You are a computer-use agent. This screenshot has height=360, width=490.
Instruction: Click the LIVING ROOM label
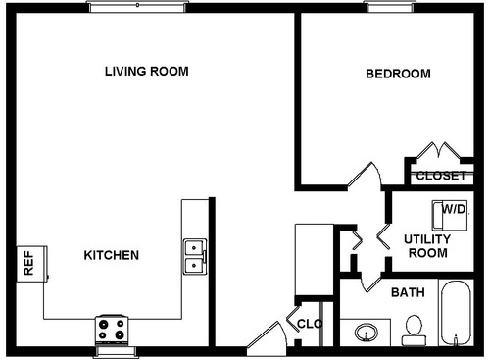click(x=147, y=72)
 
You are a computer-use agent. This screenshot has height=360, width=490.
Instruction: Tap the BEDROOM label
click(x=399, y=75)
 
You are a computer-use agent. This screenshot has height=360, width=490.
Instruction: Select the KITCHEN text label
click(x=111, y=255)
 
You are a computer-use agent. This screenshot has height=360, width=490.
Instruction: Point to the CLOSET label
click(x=440, y=177)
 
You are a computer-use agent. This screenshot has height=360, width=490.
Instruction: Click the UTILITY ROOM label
click(x=426, y=246)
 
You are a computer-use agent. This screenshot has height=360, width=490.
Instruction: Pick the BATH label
click(x=408, y=292)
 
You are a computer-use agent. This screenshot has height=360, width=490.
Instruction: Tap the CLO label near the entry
click(x=310, y=323)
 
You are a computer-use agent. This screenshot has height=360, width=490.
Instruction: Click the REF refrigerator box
click(x=28, y=263)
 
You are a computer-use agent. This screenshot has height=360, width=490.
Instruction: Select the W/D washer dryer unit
click(x=453, y=212)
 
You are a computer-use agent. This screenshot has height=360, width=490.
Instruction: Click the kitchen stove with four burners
click(x=112, y=329)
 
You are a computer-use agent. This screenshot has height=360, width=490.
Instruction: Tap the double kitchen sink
click(x=194, y=255)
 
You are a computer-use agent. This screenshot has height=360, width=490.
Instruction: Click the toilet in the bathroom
click(x=414, y=330)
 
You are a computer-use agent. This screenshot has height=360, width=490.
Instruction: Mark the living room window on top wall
click(x=137, y=7)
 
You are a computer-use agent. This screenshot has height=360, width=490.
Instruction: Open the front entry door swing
click(x=267, y=335)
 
